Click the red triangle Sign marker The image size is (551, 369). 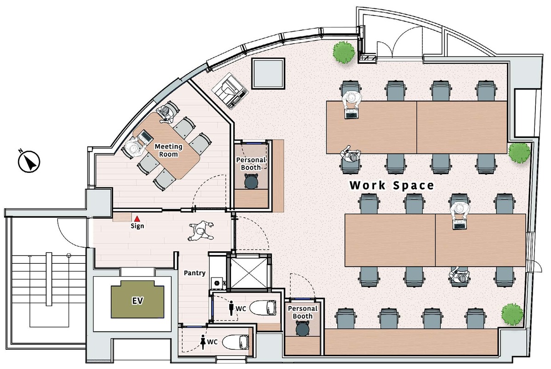click(137, 219)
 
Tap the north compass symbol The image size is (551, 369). click(29, 162)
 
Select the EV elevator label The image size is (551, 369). click(137, 301)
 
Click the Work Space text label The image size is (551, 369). click(392, 185)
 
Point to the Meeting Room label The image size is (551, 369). click(168, 150)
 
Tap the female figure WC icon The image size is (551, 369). click(202, 341)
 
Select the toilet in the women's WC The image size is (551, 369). click(236, 341)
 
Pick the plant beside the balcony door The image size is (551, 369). click(343, 52)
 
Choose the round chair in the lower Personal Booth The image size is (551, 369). click(303, 329)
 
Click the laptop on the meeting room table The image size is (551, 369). click(146, 136)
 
